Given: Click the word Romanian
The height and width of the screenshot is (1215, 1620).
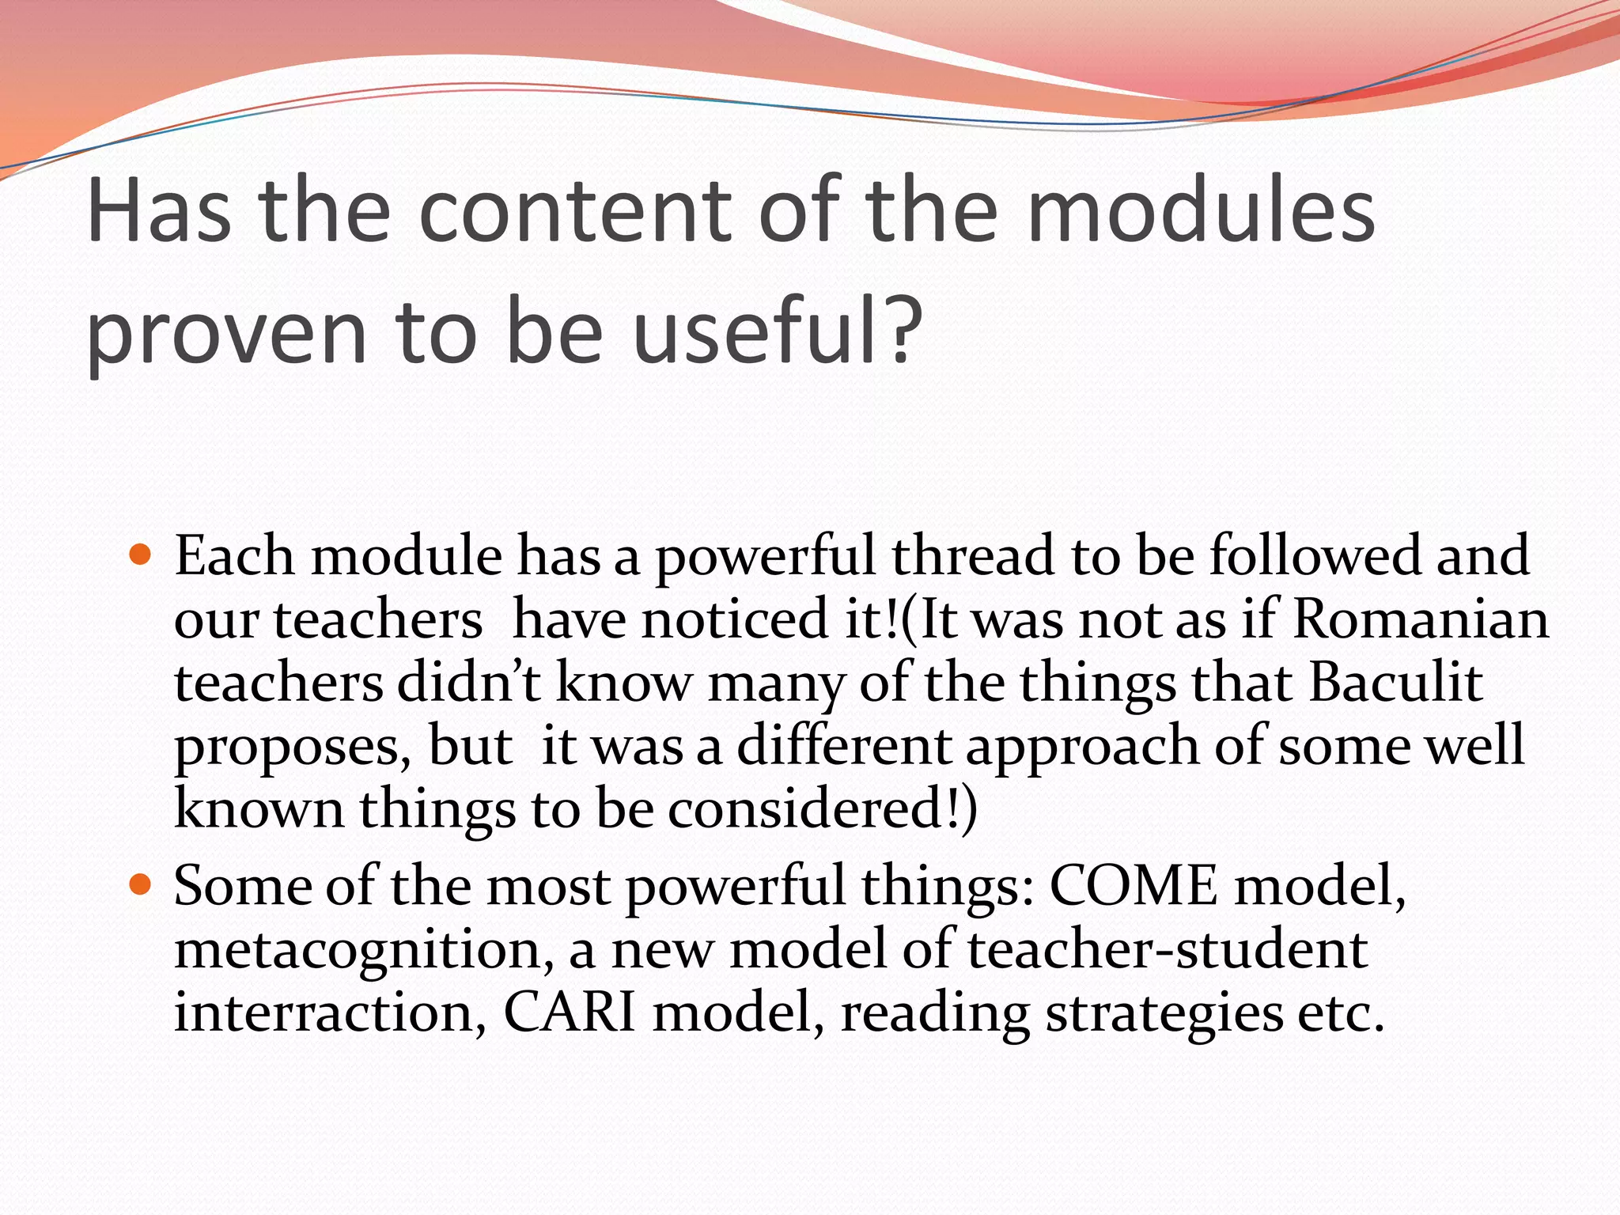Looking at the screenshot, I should (x=1420, y=619).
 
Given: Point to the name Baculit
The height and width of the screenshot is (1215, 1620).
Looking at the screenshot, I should (x=1395, y=682).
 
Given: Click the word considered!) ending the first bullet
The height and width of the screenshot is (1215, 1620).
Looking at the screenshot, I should (x=823, y=809).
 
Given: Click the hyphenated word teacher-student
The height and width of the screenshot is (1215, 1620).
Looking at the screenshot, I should (x=1167, y=949).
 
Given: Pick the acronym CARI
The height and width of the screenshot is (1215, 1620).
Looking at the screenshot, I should (x=570, y=1012).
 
